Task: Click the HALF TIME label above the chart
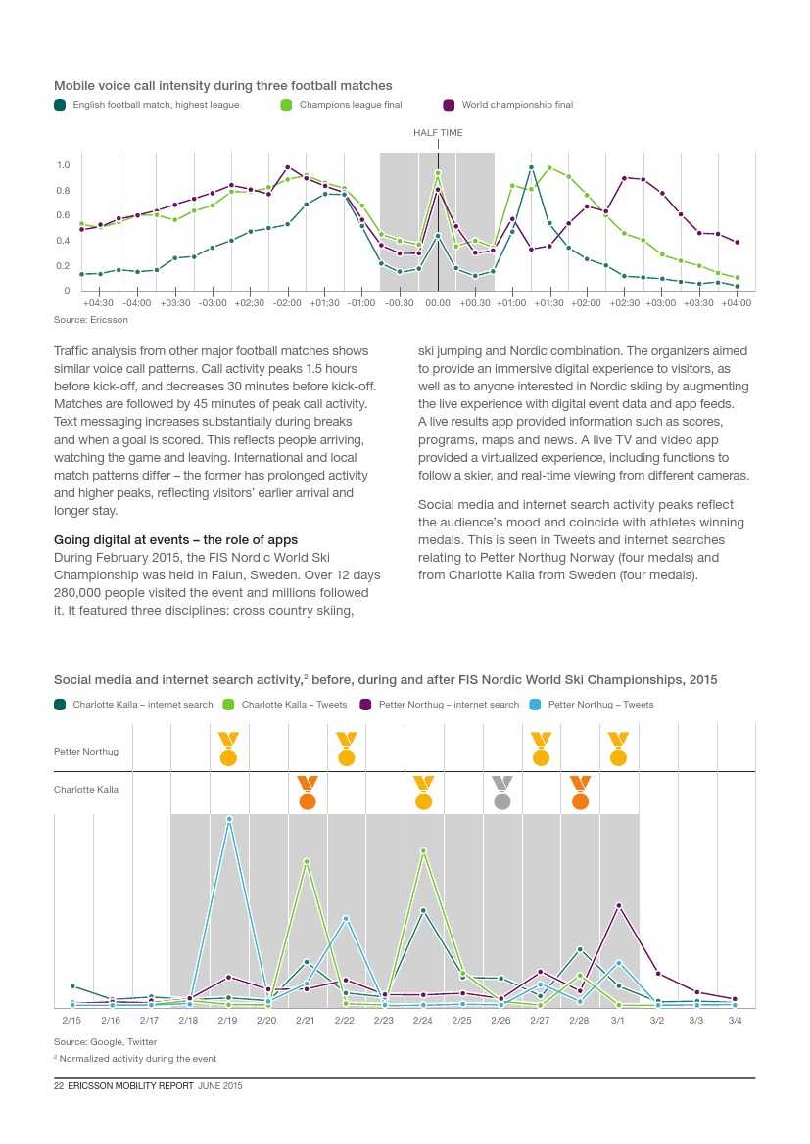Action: click(x=438, y=133)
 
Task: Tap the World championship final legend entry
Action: click(x=516, y=105)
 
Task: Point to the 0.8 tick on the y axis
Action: click(x=64, y=191)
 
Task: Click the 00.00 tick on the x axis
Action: click(x=438, y=303)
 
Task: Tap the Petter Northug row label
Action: click(x=86, y=752)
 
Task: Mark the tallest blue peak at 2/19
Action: click(x=229, y=819)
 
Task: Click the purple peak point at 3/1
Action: click(x=618, y=906)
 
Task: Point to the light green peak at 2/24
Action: click(x=423, y=850)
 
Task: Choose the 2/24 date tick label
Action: click(x=423, y=1021)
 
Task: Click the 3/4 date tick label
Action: click(x=735, y=1021)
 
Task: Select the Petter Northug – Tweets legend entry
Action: click(x=599, y=705)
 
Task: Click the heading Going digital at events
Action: click(x=176, y=540)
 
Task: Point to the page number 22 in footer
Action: click(x=58, y=1086)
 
